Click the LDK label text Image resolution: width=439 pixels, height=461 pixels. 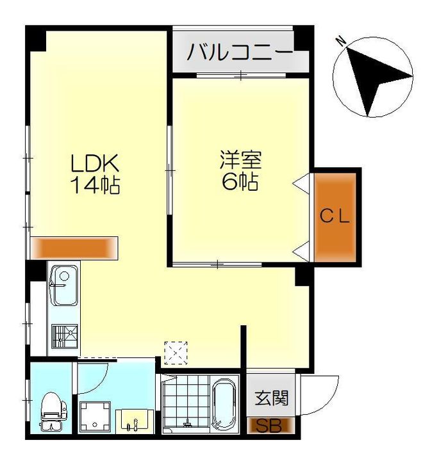(x=95, y=163)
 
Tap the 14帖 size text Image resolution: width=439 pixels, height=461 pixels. (x=95, y=185)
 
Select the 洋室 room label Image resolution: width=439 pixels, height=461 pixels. (x=240, y=159)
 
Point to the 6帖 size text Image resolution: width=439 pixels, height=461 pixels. (x=240, y=181)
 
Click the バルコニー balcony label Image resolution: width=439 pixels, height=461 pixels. (x=240, y=52)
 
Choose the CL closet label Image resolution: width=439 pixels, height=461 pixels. (x=335, y=216)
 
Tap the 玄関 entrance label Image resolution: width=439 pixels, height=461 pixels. (x=271, y=398)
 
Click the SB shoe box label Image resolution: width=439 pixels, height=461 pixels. (x=269, y=426)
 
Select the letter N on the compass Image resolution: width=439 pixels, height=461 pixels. (x=342, y=41)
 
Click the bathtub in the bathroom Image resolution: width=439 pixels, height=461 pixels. (x=224, y=404)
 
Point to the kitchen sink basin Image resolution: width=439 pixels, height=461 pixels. (x=64, y=285)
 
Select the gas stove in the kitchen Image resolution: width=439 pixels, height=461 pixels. (x=65, y=336)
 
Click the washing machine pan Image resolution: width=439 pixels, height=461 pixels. (x=95, y=417)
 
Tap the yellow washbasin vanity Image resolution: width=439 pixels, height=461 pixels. (x=135, y=421)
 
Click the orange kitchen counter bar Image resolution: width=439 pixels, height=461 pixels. (x=74, y=248)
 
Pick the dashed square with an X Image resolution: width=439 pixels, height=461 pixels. (x=176, y=353)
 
